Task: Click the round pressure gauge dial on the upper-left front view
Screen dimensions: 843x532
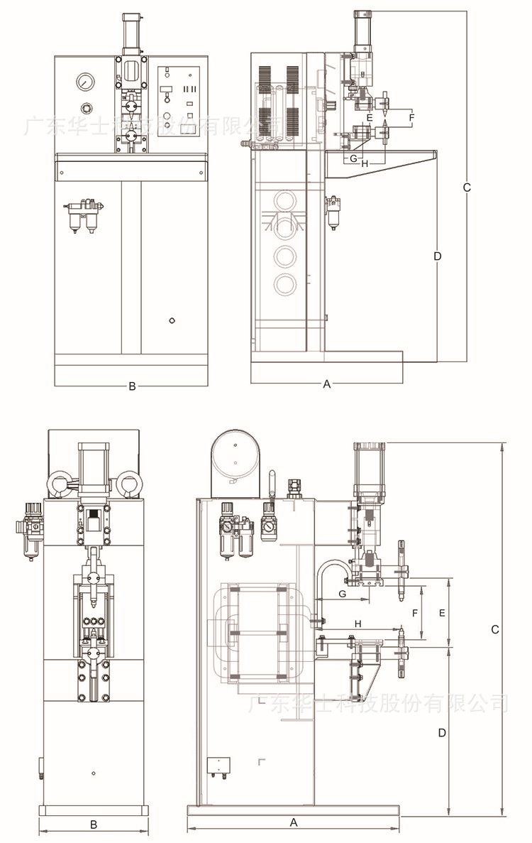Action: point(85,82)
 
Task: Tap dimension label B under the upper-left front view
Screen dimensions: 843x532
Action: point(132,386)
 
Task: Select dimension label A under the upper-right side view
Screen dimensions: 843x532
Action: point(327,384)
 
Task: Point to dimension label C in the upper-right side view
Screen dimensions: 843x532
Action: point(466,187)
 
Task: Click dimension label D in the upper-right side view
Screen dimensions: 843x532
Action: point(437,256)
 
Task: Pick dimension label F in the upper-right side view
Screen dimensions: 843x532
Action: point(411,116)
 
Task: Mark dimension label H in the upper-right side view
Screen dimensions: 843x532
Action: point(365,164)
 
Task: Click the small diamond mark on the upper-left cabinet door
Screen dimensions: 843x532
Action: point(172,321)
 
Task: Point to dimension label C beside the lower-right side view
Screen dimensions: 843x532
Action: point(495,630)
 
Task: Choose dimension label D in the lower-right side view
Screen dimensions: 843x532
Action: point(441,732)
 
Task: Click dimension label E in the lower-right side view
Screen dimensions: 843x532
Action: point(442,612)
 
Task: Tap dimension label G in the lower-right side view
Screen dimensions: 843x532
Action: point(342,592)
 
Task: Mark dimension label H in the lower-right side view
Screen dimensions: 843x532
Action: point(358,623)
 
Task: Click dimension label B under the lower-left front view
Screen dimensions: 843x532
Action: point(93,825)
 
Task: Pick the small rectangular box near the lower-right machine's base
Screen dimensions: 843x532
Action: point(218,766)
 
